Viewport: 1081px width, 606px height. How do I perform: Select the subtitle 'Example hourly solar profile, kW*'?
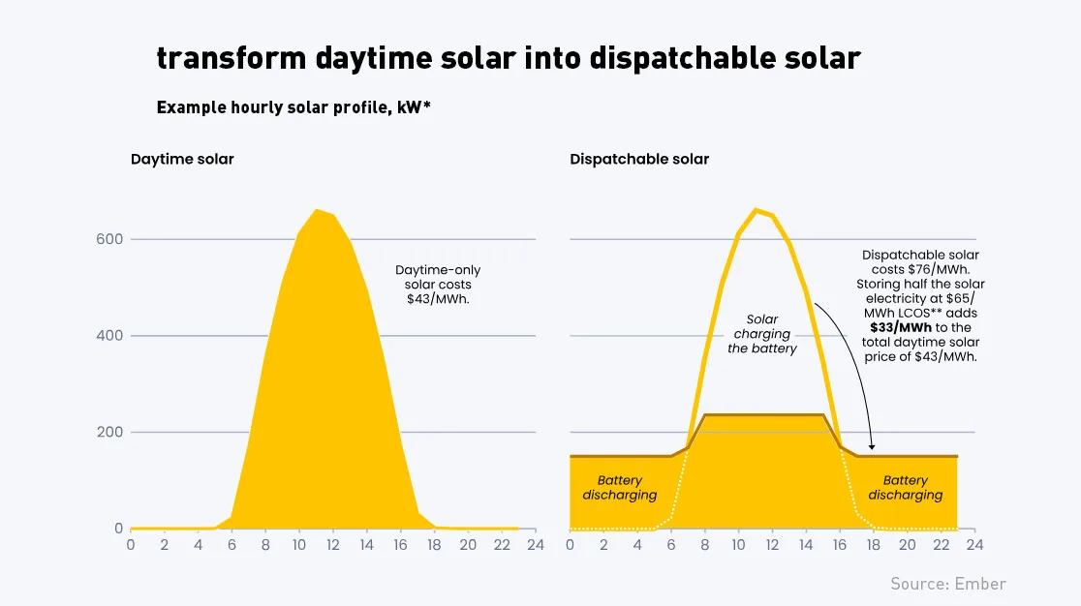293,107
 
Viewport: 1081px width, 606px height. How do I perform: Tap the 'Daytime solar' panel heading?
182,159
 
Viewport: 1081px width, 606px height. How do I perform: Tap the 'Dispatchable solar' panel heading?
639,159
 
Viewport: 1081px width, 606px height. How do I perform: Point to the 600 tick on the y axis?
109,239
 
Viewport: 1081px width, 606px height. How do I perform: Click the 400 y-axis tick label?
109,336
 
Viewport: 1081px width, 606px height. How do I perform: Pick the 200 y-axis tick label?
109,432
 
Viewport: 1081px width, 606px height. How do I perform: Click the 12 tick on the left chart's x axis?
333,545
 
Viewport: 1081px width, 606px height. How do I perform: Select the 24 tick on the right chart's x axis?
974,545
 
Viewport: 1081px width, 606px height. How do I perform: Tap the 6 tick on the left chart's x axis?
232,545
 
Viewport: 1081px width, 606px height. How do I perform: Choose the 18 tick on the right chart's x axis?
874,545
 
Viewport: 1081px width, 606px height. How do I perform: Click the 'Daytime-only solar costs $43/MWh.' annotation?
438,285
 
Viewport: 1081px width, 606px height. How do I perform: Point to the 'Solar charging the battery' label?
762,334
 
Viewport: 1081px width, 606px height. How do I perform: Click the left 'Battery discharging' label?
620,488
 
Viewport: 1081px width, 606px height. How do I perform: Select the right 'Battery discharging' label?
905,488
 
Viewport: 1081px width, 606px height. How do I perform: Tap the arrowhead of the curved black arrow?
873,446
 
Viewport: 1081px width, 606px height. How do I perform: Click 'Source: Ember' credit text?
948,584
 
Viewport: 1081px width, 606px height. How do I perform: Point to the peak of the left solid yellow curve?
317,210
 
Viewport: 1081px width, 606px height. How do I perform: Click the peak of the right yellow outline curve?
757,210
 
